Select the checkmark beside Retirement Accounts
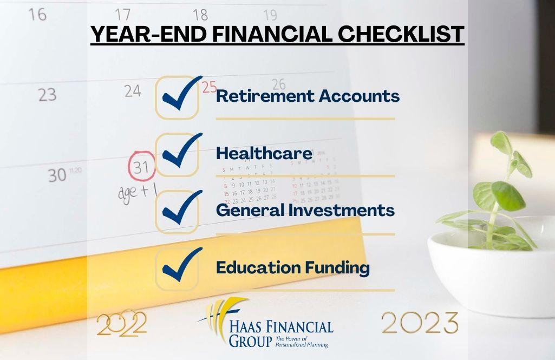pyautogui.click(x=178, y=97)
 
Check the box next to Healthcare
pyautogui.click(x=178, y=154)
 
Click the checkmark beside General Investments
pyautogui.click(x=178, y=211)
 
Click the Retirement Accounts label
pyautogui.click(x=308, y=96)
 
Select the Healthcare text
pyautogui.click(x=264, y=154)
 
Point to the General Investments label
pyautogui.click(x=305, y=211)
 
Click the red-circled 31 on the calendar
pyautogui.click(x=141, y=167)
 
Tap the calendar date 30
pyautogui.click(x=57, y=175)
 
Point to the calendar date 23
pyautogui.click(x=47, y=95)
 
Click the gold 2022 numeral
pyautogui.click(x=121, y=324)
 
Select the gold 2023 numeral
pyautogui.click(x=420, y=323)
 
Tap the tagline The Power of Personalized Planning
pyautogui.click(x=302, y=342)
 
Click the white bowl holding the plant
pyautogui.click(x=490, y=271)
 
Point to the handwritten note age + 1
pyautogui.click(x=137, y=192)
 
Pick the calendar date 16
pyautogui.click(x=37, y=14)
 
